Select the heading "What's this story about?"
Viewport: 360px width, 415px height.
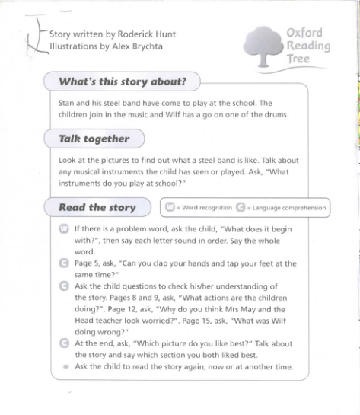tap(117, 81)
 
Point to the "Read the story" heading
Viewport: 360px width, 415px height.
tap(97, 207)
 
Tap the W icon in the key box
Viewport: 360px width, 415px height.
tap(170, 207)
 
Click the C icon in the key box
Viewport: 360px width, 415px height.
tap(241, 207)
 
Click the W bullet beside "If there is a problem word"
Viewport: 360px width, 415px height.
tap(64, 228)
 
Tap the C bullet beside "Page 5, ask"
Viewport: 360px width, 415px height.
tap(64, 263)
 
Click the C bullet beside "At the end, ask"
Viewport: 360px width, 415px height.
tap(64, 343)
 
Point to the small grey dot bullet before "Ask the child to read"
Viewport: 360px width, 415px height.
tap(65, 367)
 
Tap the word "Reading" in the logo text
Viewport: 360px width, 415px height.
tap(308, 46)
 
